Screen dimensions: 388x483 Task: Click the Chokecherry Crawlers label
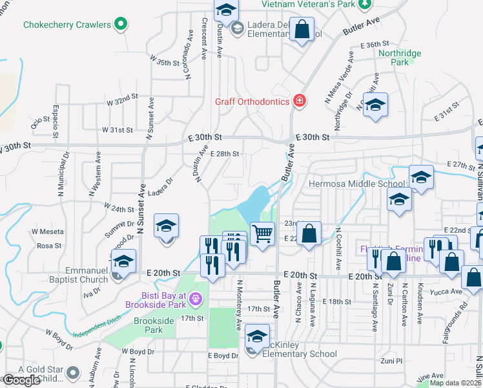(x=67, y=25)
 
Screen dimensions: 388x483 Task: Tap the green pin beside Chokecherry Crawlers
(x=120, y=25)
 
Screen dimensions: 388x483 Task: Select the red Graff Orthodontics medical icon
(x=298, y=100)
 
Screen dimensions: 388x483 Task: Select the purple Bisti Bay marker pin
(x=196, y=299)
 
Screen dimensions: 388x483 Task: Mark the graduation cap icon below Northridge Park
(x=374, y=105)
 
